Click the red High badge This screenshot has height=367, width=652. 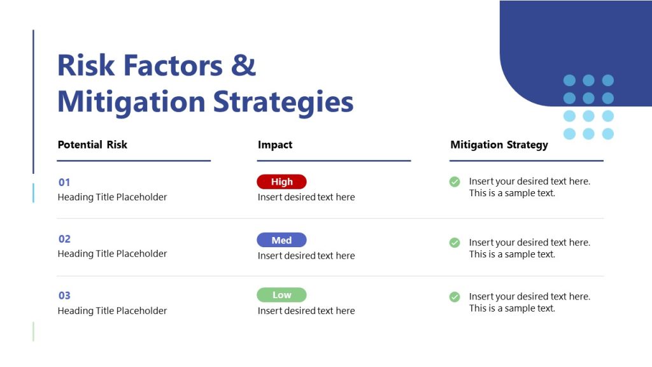tap(281, 182)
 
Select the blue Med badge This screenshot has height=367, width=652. tap(281, 240)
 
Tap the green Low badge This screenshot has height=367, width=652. tap(281, 295)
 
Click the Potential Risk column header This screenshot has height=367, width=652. tap(92, 145)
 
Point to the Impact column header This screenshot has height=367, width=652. tap(275, 145)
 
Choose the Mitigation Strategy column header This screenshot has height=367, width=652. tap(499, 145)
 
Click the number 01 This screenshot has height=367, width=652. tap(64, 182)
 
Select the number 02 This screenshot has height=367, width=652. tap(64, 239)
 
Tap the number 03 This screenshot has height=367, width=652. tap(64, 296)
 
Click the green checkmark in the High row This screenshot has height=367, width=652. tap(455, 182)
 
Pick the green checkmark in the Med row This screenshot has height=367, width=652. tap(455, 242)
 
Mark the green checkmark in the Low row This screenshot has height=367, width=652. tap(455, 296)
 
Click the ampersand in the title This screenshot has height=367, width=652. tap(243, 66)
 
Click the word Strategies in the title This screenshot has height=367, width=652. tap(283, 102)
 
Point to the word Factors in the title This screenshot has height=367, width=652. tap(173, 66)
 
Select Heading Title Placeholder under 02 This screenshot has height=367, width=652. tap(112, 254)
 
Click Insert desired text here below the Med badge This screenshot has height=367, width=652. tap(306, 255)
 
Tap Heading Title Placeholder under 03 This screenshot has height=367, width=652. tap(112, 311)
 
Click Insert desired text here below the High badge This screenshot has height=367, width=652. tap(306, 198)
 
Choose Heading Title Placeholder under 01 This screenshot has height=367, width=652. tap(112, 198)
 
